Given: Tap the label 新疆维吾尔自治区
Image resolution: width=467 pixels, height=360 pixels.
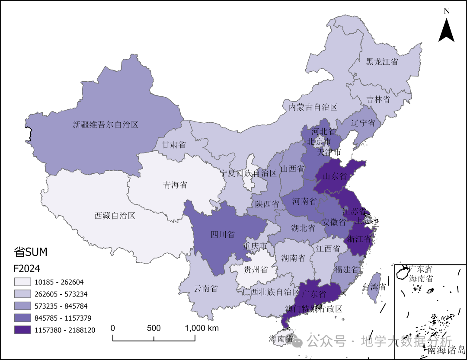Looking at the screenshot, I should (x=106, y=125).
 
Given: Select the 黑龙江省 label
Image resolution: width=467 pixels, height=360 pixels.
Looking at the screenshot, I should (x=382, y=62).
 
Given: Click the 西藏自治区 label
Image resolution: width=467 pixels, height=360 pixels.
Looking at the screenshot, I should (x=115, y=215).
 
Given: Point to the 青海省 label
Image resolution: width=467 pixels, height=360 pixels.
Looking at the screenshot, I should (x=175, y=185).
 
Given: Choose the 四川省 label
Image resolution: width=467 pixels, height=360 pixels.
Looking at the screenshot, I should (x=223, y=235).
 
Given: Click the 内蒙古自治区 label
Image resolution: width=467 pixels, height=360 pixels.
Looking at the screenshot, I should (x=313, y=107).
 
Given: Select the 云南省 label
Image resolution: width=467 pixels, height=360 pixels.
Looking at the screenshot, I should (x=205, y=288).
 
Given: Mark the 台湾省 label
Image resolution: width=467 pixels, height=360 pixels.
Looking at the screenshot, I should (x=373, y=286).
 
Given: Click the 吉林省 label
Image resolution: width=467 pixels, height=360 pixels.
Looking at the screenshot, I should (x=378, y=99).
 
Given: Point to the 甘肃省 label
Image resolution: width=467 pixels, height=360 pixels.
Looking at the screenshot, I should (x=174, y=144).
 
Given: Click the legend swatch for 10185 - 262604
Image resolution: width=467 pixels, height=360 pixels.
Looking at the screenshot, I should (x=22, y=282).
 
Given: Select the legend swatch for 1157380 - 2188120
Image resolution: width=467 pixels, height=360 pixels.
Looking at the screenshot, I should (x=22, y=330).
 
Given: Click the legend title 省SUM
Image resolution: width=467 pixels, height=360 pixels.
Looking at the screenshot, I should (x=30, y=252).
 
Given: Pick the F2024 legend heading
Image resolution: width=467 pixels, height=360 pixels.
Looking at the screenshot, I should (x=27, y=268).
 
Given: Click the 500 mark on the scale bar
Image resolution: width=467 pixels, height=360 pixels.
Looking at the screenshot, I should (x=154, y=328).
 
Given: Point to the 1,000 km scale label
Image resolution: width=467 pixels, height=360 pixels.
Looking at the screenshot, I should (x=202, y=328).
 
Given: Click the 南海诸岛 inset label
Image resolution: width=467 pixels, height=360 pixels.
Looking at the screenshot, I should (x=446, y=350).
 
